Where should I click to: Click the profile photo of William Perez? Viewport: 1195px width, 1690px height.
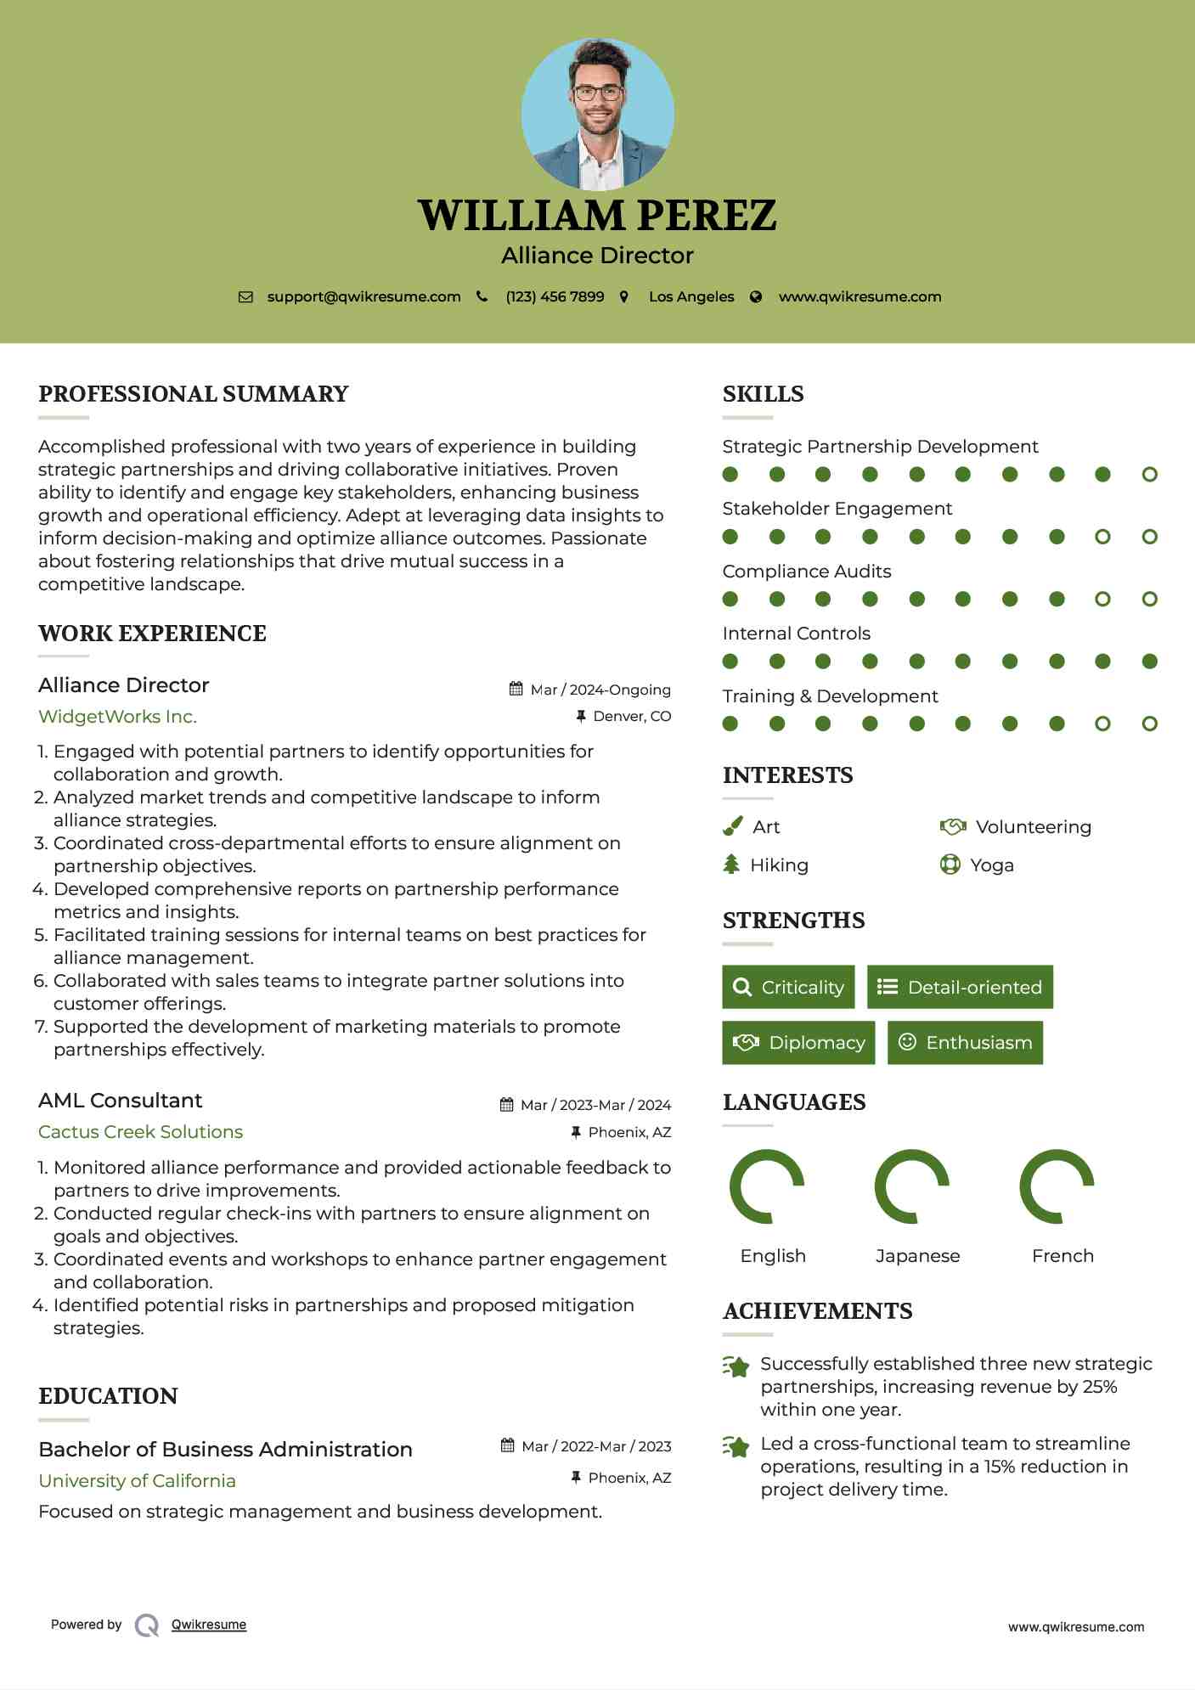597,114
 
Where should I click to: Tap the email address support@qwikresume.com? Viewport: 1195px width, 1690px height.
364,296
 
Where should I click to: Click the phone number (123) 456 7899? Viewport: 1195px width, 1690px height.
555,296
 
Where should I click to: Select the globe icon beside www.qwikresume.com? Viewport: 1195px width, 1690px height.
756,296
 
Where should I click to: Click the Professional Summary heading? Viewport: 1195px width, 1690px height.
194,394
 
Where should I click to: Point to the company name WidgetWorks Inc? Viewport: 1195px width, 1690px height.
117,717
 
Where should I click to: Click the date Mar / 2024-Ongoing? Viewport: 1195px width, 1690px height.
600,690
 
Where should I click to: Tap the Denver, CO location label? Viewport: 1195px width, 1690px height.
631,717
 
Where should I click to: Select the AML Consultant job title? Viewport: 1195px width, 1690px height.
121,1101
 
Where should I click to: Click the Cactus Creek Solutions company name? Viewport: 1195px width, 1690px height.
140,1132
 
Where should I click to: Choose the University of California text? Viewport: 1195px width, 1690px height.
137,1481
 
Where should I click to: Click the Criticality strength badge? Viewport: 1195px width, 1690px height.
788,987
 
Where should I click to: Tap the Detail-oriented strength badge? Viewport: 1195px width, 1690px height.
960,987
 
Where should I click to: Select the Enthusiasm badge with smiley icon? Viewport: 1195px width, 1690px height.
965,1043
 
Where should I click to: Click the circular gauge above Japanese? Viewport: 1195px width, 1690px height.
911,1186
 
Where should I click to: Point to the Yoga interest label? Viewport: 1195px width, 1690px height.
991,865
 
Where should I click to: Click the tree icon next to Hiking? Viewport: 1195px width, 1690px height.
731,865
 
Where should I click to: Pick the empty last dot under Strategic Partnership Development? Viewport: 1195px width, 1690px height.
1149,475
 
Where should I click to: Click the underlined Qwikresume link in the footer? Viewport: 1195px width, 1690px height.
209,1625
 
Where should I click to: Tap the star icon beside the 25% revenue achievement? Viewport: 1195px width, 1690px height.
736,1366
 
